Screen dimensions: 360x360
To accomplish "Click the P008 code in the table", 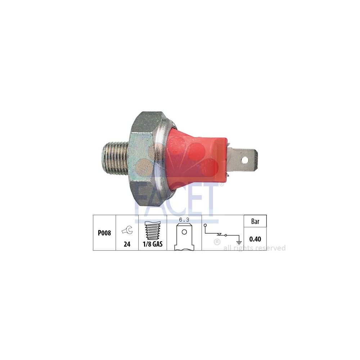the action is point(104,233).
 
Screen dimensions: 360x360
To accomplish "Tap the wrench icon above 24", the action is point(127,230).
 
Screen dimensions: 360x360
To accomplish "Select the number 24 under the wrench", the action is point(127,244).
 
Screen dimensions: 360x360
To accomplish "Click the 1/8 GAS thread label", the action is point(153,244).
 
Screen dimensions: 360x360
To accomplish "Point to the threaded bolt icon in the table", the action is point(153,231).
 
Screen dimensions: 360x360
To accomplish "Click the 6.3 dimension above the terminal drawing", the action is point(184,220).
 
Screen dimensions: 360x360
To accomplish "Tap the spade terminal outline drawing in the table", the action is point(184,237).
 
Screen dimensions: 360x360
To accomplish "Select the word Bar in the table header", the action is point(255,221).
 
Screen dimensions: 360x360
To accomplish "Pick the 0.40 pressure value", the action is point(255,239).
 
